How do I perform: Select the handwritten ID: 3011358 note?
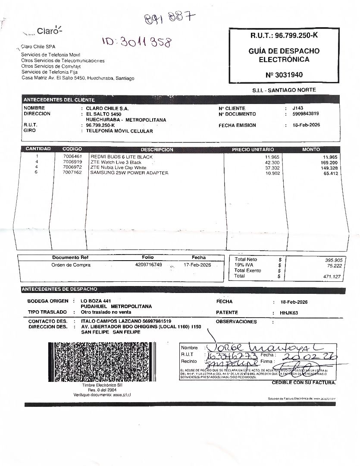137,42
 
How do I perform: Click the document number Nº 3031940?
284,75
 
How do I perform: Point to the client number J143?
297,108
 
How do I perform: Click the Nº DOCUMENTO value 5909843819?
305,114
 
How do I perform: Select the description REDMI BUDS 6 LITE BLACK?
121,157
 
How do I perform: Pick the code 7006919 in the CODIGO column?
72,162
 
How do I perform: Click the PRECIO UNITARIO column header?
253,150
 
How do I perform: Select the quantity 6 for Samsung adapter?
37,173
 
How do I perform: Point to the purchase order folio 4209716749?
148,264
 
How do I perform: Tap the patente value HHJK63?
288,313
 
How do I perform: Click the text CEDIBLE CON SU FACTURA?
304,383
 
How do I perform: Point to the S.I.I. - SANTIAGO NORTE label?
284,90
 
